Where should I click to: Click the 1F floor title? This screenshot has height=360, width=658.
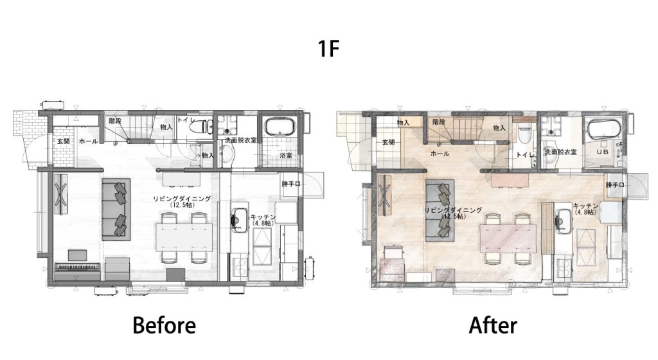click(x=328, y=48)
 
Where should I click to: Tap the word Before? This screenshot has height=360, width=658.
click(x=164, y=325)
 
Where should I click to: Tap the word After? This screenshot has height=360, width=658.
click(x=493, y=325)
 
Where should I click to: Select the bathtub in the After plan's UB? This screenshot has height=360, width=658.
click(x=604, y=130)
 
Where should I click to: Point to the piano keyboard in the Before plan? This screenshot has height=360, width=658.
click(x=78, y=266)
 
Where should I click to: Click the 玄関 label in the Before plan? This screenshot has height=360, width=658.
click(x=63, y=141)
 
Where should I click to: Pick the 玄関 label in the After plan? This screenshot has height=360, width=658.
click(x=388, y=142)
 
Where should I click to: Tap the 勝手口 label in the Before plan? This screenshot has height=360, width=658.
click(x=291, y=183)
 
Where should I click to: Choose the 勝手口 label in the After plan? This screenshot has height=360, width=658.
click(x=615, y=184)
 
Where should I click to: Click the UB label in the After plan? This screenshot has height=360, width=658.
click(x=603, y=152)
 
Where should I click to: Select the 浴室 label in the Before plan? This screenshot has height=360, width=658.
click(x=286, y=156)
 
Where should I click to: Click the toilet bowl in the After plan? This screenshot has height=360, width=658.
click(x=525, y=133)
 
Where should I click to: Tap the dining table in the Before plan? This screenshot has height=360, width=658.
click(x=184, y=237)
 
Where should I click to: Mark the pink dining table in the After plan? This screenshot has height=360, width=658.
click(x=508, y=238)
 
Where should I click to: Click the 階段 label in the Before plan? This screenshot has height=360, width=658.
click(x=115, y=121)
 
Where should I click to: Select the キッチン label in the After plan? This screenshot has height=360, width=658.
click(x=585, y=206)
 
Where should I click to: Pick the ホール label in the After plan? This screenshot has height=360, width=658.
click(x=440, y=154)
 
